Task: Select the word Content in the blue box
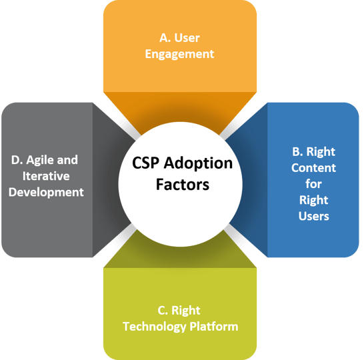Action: tap(313, 168)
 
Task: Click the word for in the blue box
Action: tap(313, 184)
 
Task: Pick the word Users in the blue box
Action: tap(313, 216)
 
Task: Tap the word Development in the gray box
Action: tap(47, 192)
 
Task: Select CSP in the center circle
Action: tap(143, 164)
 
